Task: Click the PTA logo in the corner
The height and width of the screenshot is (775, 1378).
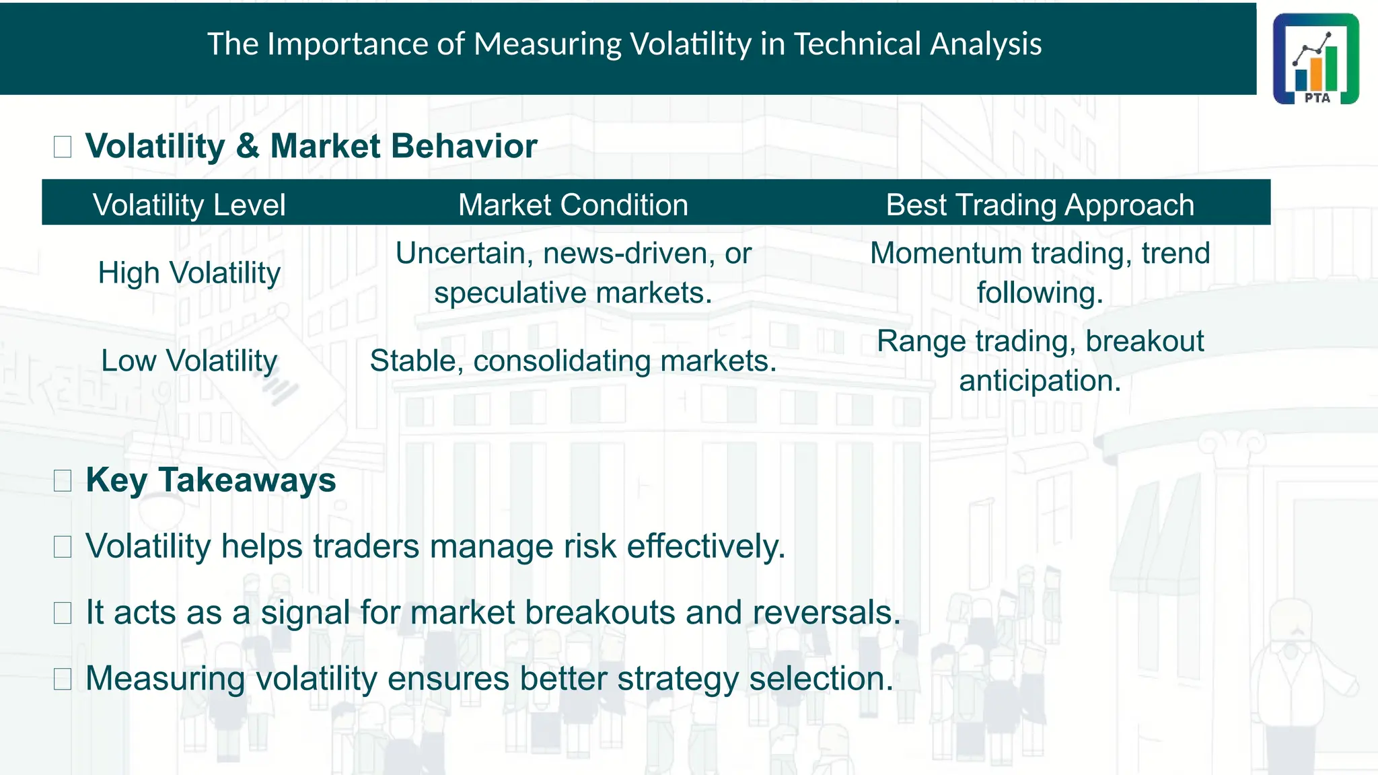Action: [x=1315, y=59]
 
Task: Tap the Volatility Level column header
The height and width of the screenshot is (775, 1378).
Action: [x=189, y=205]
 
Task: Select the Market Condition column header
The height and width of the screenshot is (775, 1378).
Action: [x=573, y=205]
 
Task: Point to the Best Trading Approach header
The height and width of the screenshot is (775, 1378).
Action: [x=1040, y=205]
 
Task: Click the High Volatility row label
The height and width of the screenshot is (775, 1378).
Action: [x=189, y=273]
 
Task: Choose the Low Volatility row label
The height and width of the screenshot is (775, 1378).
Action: [x=189, y=361]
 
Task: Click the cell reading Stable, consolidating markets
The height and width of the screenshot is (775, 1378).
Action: [x=573, y=361]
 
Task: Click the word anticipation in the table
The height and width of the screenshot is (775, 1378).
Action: [x=1040, y=381]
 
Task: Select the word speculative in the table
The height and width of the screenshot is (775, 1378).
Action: [x=511, y=293]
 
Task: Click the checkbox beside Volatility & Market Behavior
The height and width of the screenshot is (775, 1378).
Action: [x=63, y=147]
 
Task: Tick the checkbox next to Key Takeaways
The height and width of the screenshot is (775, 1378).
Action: [x=63, y=480]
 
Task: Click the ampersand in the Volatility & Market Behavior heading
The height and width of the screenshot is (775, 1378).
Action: [x=247, y=147]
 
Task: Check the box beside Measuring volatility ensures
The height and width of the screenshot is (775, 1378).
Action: [x=63, y=679]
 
